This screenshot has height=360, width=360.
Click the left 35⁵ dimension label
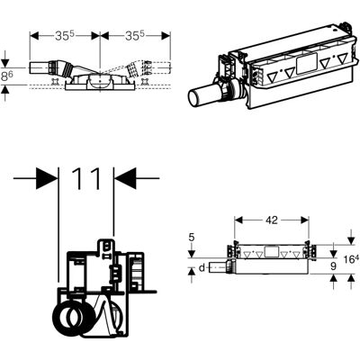(65, 36)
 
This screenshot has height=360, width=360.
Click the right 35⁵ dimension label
(135, 36)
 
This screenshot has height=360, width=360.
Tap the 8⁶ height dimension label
(7, 76)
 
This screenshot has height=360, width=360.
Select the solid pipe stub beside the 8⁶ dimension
(40, 67)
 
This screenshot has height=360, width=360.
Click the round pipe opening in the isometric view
(194, 97)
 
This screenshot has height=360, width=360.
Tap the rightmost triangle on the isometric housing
(342, 58)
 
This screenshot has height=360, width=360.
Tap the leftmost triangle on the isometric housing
(273, 78)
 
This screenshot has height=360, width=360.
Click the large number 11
(86, 178)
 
